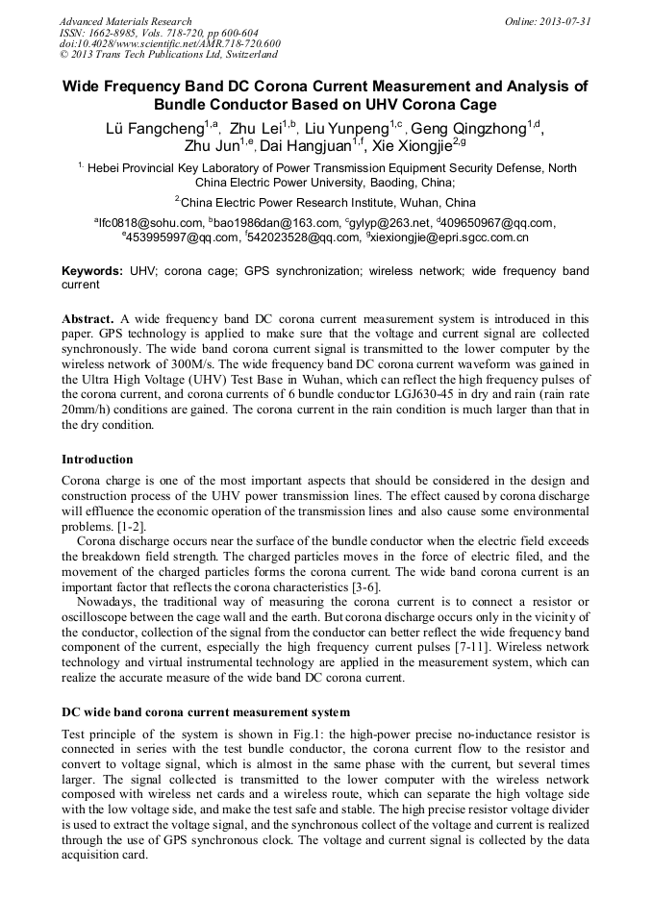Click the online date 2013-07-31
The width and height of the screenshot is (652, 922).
tap(549, 21)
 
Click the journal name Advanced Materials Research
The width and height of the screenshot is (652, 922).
tap(125, 21)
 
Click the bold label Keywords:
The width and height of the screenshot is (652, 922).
tap(93, 272)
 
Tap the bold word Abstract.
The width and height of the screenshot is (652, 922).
tap(88, 318)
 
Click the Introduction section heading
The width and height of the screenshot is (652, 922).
tap(97, 460)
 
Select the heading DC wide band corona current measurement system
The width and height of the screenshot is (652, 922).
tap(206, 712)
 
